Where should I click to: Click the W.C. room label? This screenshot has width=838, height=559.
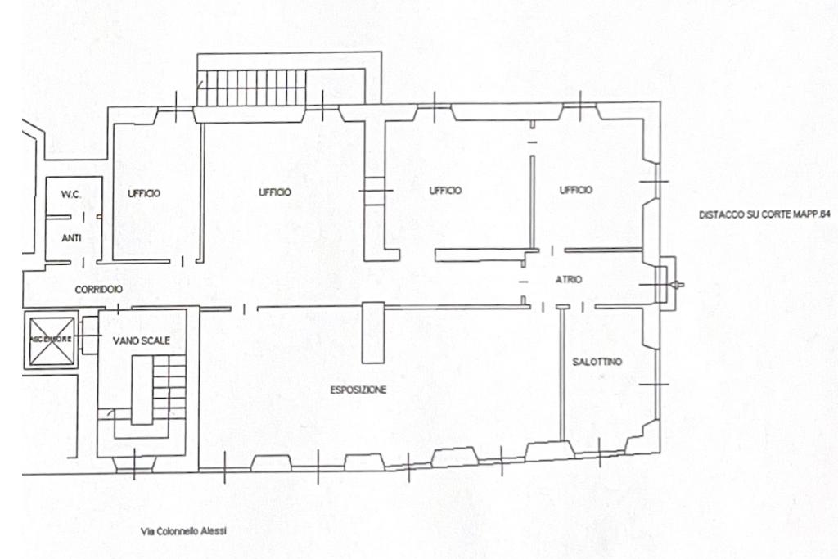(70, 195)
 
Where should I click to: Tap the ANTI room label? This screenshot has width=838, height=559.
(71, 238)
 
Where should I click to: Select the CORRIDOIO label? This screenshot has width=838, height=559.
(99, 290)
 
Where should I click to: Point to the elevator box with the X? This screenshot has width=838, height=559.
(52, 339)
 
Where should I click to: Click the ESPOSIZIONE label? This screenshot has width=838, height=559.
(358, 390)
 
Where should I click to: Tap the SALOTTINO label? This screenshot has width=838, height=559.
(597, 362)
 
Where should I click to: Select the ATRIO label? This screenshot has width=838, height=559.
(569, 280)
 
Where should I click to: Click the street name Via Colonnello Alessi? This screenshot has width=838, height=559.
(184, 531)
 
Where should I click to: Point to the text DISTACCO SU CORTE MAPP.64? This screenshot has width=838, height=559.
(764, 214)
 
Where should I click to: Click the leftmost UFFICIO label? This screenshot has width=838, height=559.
(144, 193)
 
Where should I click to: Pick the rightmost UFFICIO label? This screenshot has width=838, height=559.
(576, 190)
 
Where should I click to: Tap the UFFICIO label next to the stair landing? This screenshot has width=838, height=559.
(275, 192)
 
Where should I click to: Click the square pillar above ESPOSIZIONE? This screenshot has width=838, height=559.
(372, 331)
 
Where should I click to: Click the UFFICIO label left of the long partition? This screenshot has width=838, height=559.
(445, 191)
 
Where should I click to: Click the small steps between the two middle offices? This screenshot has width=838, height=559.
(375, 192)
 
